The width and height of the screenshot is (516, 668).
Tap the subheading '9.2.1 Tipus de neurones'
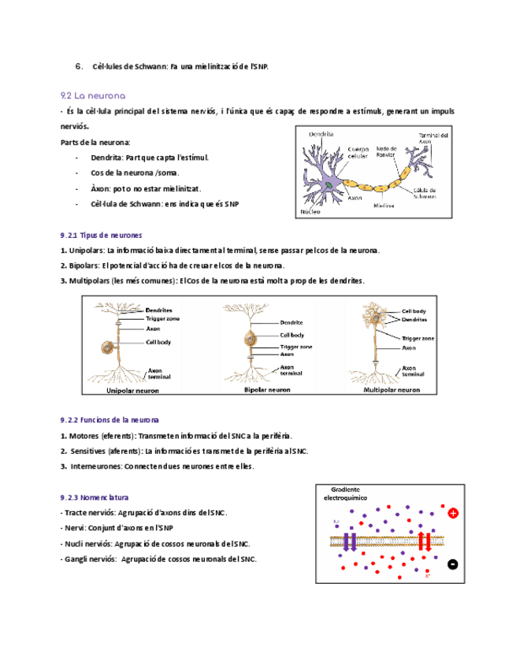[x=101, y=235]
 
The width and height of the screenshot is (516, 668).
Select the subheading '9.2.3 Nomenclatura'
[x=95, y=498]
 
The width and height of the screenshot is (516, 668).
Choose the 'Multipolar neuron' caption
[x=392, y=390]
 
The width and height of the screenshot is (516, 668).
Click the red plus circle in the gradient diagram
[x=453, y=514]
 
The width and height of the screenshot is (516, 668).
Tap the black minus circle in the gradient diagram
[x=452, y=563]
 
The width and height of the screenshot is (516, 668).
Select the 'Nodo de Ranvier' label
[x=386, y=151]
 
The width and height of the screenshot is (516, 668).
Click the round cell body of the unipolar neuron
[x=106, y=347]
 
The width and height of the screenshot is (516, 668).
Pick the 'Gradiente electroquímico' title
[x=351, y=493]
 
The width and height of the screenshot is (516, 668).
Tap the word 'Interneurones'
[x=96, y=466]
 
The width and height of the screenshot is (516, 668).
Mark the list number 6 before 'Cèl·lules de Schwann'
[x=78, y=66]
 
